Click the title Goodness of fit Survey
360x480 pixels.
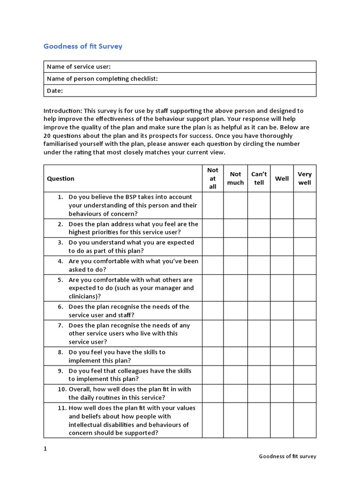tap(83, 46)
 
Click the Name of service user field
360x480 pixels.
tap(180, 67)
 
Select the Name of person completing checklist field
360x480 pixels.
tap(180, 79)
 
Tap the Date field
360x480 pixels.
tap(180, 90)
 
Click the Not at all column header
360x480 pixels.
tap(213, 178)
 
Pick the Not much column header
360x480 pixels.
tap(235, 178)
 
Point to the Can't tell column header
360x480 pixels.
tap(259, 178)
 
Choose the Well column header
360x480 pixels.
tap(282, 178)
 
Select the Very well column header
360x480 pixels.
tap(305, 178)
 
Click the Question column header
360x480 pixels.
tap(61, 178)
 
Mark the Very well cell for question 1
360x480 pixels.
tap(305, 205)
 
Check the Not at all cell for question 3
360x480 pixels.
tap(213, 247)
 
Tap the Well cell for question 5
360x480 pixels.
tap(282, 288)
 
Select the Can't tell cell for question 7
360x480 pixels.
tap(259, 333)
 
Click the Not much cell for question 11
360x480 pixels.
tap(235, 420)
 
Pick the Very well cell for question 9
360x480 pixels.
tap(305, 375)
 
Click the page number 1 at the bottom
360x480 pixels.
tap(45, 449)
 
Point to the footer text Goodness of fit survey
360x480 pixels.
tap(287, 457)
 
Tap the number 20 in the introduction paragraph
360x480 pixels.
tap(47, 136)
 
